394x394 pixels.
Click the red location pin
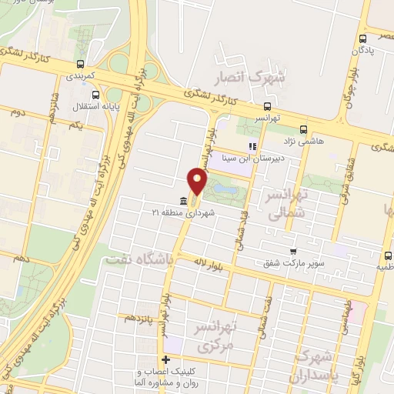[x=198, y=182]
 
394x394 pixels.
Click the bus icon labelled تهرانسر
[x=267, y=107]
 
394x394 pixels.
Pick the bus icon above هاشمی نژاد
[x=303, y=129]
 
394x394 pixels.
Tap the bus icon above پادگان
[x=362, y=38]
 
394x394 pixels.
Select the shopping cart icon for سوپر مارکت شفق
[x=292, y=251]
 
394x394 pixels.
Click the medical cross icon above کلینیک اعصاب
[x=165, y=359]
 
